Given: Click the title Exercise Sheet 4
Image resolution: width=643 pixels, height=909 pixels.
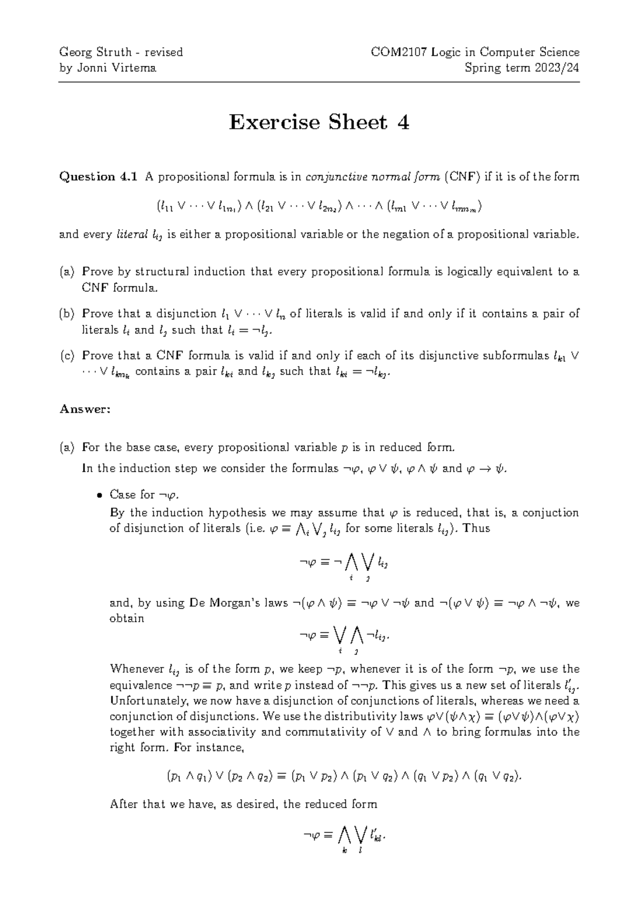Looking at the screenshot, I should click(x=319, y=123).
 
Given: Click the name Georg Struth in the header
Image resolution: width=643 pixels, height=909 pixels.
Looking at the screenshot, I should click(x=95, y=52).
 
